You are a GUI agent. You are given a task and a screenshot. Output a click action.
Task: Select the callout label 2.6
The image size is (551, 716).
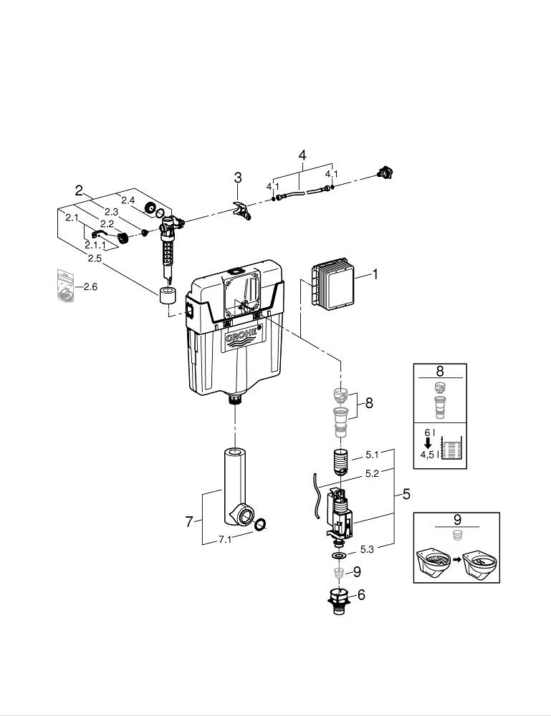(90, 287)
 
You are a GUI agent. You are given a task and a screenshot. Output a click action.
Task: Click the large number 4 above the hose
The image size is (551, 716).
(302, 155)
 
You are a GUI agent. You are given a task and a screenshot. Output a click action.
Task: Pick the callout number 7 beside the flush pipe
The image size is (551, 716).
(189, 522)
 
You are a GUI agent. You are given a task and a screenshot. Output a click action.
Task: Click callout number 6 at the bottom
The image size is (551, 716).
(360, 594)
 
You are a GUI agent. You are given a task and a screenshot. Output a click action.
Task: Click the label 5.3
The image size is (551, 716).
(366, 549)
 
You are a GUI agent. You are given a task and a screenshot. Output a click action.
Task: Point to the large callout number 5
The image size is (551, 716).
(406, 493)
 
